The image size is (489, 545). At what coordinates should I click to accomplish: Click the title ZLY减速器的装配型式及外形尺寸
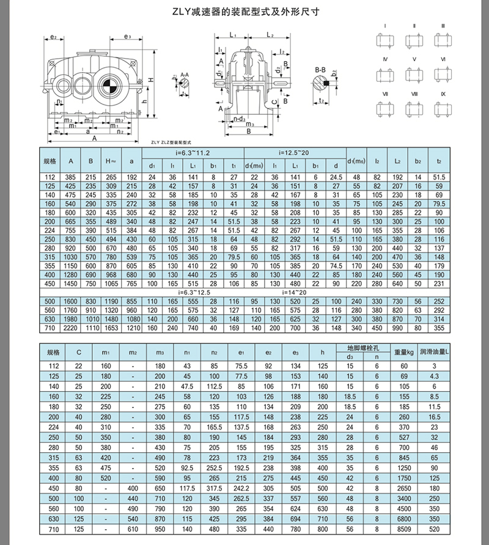[244, 11]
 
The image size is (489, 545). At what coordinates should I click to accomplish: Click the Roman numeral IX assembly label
[443, 94]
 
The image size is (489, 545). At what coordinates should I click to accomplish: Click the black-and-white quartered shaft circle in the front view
[106, 85]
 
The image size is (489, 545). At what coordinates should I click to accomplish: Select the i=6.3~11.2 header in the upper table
[193, 152]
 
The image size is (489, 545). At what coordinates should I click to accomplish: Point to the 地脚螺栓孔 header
[359, 347]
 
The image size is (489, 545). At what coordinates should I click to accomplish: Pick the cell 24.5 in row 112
[335, 177]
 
